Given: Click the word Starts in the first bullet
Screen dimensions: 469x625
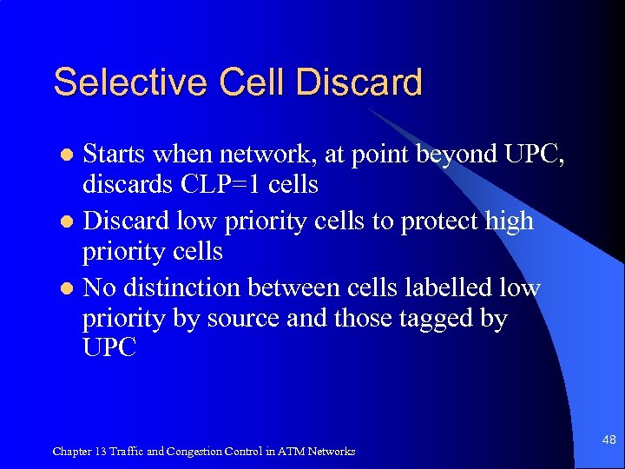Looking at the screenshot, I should click(116, 155).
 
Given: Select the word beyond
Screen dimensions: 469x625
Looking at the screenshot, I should click(468, 155).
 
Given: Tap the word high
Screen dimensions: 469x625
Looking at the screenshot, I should click(509, 221).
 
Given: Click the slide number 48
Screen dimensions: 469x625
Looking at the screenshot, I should click(609, 440).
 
